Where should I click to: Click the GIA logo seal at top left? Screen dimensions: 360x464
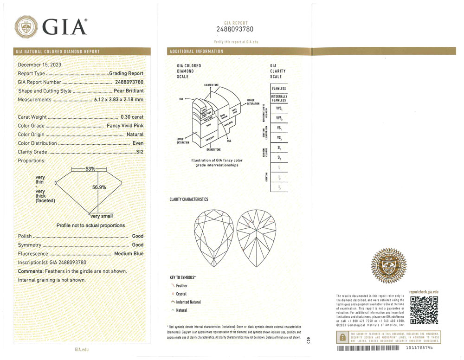27,26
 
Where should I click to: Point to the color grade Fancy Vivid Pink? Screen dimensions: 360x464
123,126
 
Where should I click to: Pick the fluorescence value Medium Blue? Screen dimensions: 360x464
129,254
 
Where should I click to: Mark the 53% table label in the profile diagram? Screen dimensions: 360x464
90,169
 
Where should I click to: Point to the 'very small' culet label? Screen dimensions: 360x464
102,216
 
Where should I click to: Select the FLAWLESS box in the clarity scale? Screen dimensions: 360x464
279,89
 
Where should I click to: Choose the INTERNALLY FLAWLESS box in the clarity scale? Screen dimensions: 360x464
279,98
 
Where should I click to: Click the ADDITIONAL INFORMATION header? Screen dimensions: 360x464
196,51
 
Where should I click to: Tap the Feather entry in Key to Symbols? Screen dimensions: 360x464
181,286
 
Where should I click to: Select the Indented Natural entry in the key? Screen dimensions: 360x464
188,302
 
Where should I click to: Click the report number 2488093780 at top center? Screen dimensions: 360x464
236,30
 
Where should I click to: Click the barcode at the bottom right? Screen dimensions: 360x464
368,348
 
